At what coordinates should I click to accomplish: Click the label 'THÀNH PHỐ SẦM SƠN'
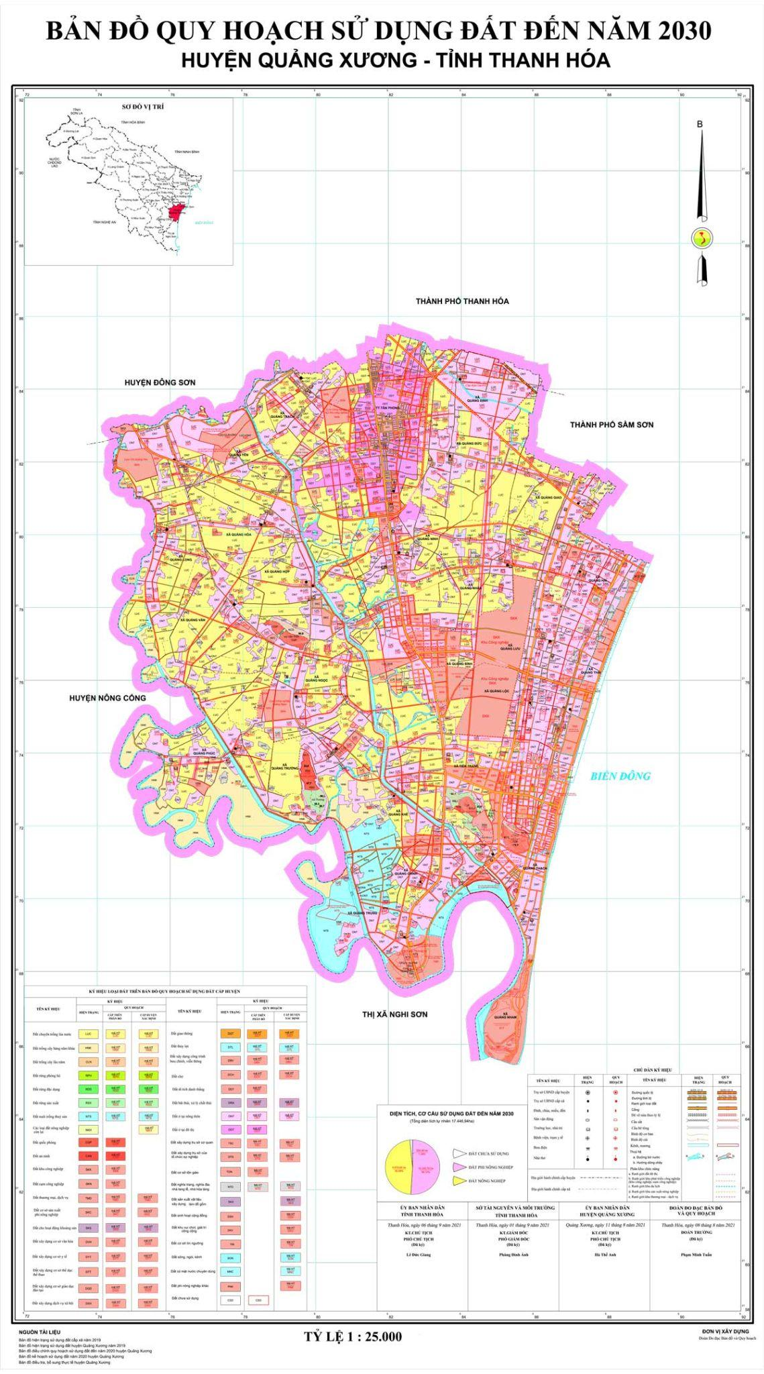[611, 425]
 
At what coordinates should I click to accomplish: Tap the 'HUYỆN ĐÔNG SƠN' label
[160, 382]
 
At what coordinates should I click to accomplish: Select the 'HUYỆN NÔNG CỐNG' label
[107, 698]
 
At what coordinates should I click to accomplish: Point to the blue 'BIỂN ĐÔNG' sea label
[620, 776]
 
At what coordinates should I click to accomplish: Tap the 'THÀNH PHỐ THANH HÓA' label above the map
[462, 301]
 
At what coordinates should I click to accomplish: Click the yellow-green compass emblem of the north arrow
[702, 237]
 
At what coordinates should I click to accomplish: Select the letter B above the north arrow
[700, 124]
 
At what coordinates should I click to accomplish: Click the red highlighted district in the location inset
[177, 213]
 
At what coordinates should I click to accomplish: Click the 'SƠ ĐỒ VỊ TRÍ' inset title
[143, 107]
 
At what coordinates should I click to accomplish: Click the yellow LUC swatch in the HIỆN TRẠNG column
[88, 1034]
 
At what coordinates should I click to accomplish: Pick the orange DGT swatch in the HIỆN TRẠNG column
[230, 1034]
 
